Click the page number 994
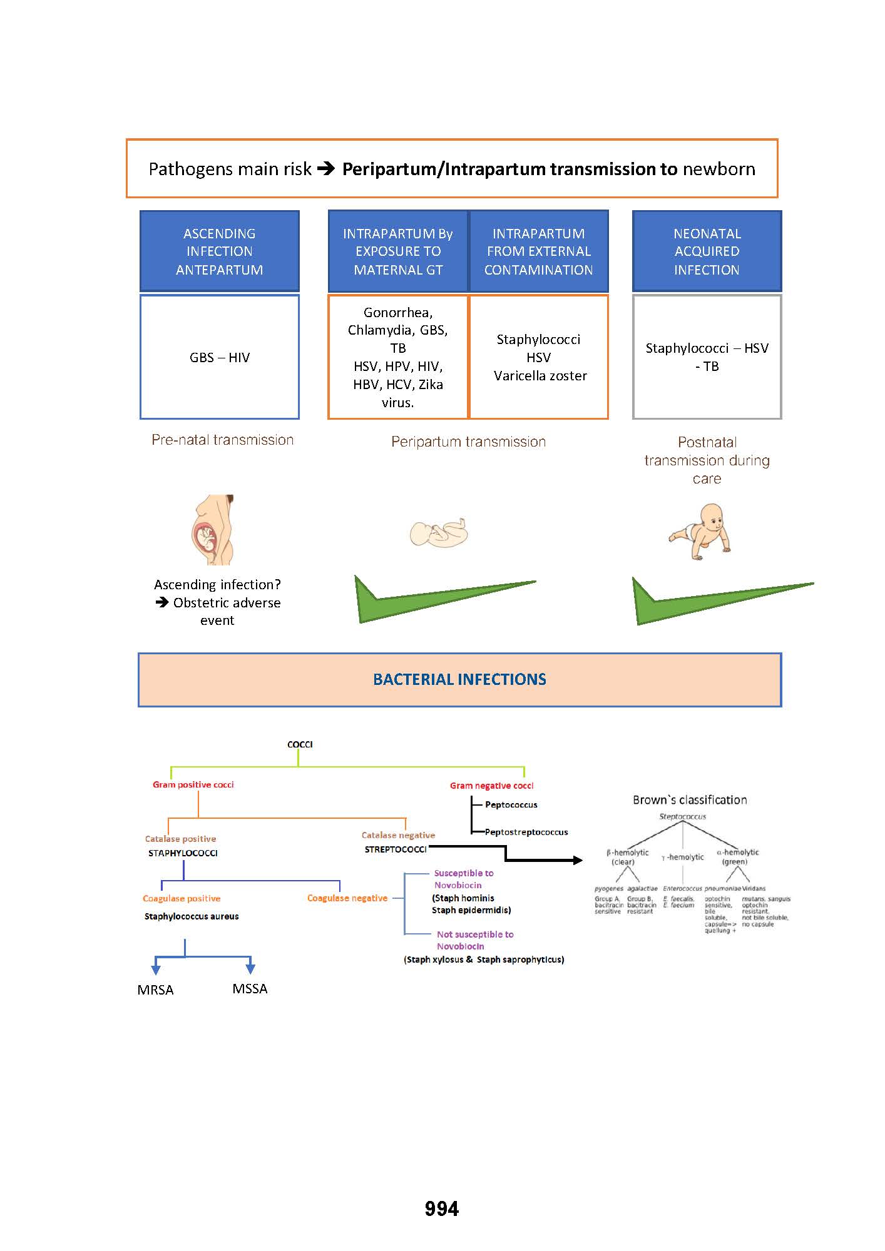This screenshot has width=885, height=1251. [x=442, y=1208]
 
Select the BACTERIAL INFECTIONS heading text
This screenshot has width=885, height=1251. [x=459, y=679]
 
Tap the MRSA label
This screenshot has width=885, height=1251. [x=155, y=990]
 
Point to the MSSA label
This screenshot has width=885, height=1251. [x=250, y=988]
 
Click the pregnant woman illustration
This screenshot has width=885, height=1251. [x=213, y=530]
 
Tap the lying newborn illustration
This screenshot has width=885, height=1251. [x=439, y=533]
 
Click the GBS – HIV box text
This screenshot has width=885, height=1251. [x=220, y=357]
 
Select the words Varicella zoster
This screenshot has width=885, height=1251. [x=540, y=375]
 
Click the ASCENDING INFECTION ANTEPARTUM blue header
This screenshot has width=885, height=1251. [x=220, y=251]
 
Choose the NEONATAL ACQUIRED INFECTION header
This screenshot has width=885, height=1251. [x=707, y=251]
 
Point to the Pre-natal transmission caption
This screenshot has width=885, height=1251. [x=222, y=440]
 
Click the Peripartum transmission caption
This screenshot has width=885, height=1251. [x=468, y=442]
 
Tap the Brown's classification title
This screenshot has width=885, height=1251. [x=690, y=799]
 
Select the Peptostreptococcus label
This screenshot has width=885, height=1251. [x=526, y=832]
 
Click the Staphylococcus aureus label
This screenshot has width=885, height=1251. [x=192, y=916]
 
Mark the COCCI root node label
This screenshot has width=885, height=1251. [x=300, y=744]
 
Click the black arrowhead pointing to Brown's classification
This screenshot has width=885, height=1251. [x=577, y=860]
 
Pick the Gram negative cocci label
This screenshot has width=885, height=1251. [x=492, y=786]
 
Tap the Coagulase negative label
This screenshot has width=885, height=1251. [x=347, y=898]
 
